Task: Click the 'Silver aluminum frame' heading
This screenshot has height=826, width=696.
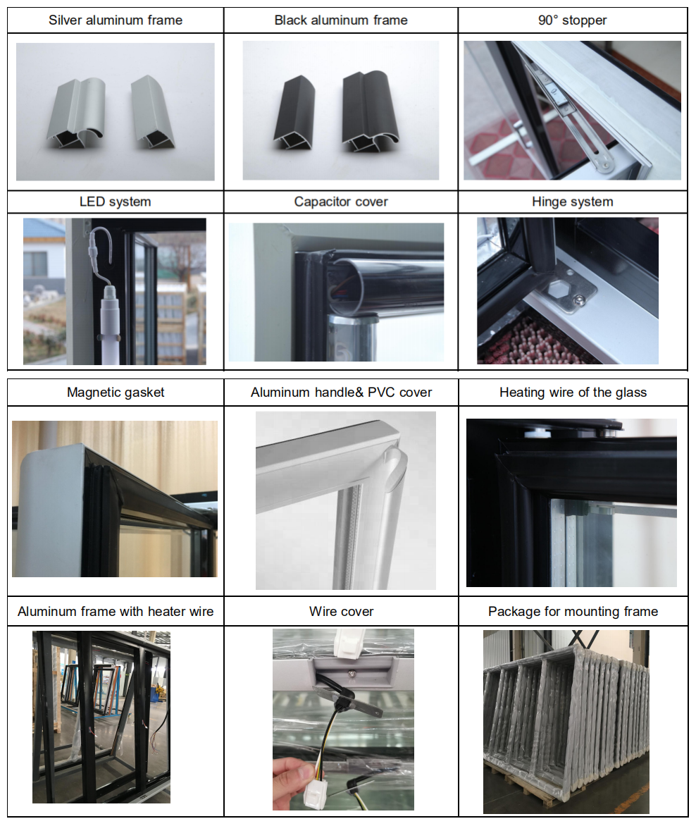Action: [116, 20]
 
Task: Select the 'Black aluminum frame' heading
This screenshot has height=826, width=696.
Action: [341, 20]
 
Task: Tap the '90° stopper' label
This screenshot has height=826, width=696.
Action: [572, 20]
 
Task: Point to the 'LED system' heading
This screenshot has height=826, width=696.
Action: [116, 202]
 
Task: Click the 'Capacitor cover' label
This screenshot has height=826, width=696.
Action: [341, 202]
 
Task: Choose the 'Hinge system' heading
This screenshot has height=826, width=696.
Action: [572, 202]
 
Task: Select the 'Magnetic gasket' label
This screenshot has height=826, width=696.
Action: [116, 393]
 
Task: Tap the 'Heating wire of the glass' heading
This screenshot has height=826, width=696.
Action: [573, 393]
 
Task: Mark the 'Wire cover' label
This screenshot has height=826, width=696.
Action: [341, 612]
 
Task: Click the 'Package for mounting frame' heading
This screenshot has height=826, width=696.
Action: [573, 612]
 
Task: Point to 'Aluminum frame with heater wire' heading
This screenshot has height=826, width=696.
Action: [116, 612]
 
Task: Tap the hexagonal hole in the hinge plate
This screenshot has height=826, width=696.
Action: [559, 289]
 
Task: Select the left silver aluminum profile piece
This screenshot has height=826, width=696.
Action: [77, 113]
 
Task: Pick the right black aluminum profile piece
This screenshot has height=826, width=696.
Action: [370, 111]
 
